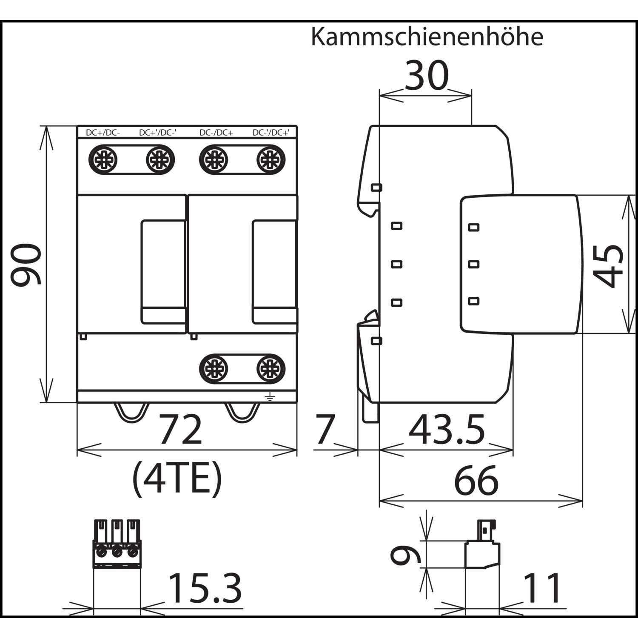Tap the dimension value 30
pyautogui.click(x=427, y=75)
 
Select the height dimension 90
pyautogui.click(x=26, y=264)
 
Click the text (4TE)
pyautogui.click(x=177, y=479)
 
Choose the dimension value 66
pyautogui.click(x=476, y=480)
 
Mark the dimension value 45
pyautogui.click(x=608, y=266)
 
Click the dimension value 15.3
pyautogui.click(x=205, y=588)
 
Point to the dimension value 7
pyautogui.click(x=325, y=430)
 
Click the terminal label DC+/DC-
pyautogui.click(x=103, y=133)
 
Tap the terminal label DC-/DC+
pyautogui.click(x=216, y=133)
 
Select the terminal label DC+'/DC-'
pyautogui.click(x=158, y=133)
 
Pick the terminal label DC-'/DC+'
pyautogui.click(x=271, y=133)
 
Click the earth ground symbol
pyautogui.click(x=270, y=397)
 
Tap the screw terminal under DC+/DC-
pyautogui.click(x=103, y=160)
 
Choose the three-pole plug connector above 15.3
pyautogui.click(x=117, y=544)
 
